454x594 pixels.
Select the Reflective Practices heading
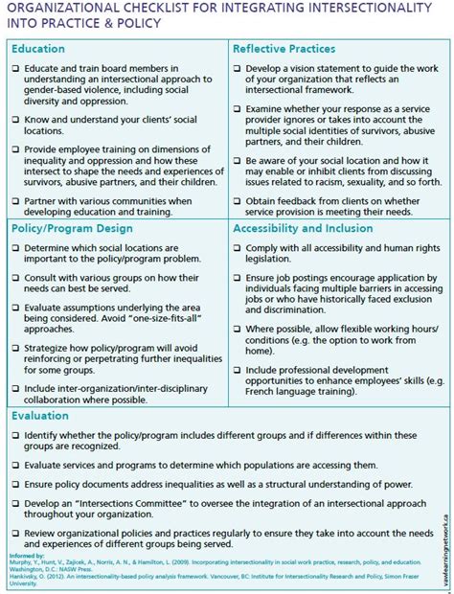pyautogui.click(x=284, y=48)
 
